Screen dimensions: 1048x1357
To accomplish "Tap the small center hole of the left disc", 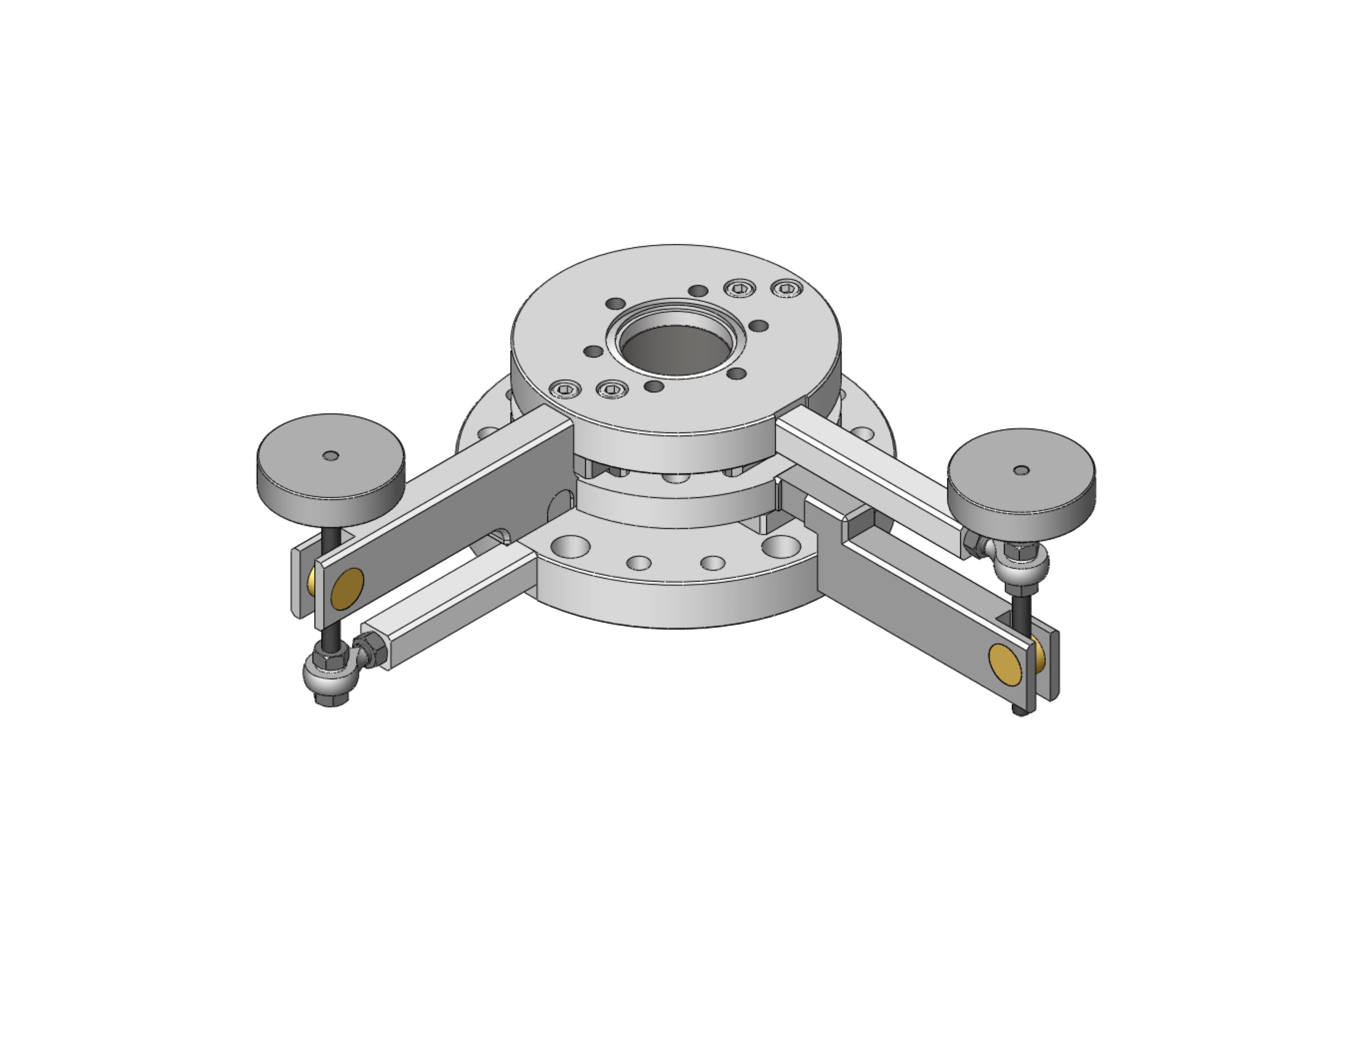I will pos(331,456).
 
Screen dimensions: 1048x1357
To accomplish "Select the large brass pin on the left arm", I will pos(347,588).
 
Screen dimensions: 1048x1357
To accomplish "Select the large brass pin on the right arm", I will pos(1004,662).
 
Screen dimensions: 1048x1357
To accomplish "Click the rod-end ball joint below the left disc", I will pos(327,674).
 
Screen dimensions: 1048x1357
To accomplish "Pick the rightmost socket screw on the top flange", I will pos(786,288).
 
